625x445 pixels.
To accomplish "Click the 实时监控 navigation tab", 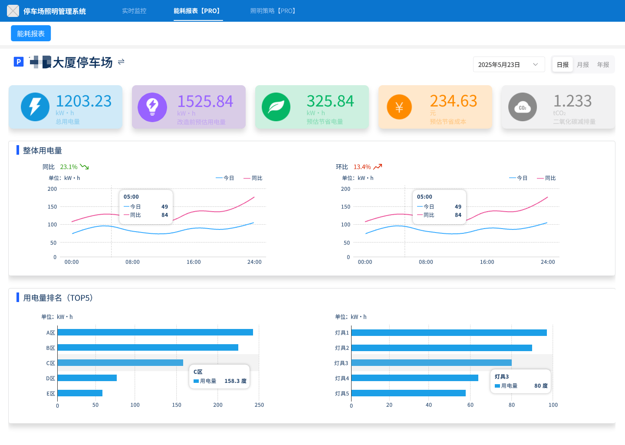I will coord(134,11).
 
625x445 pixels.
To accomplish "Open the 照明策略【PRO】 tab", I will coord(274,11).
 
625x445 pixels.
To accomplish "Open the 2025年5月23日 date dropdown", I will coord(509,65).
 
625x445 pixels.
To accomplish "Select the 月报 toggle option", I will coord(583,65).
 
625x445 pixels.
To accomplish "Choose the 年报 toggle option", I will coord(603,65).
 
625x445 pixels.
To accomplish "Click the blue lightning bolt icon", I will coord(35,107).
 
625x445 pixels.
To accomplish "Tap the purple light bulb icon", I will coord(152,107).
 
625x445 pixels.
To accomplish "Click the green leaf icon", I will coord(276,107).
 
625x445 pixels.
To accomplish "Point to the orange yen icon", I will coord(399,107).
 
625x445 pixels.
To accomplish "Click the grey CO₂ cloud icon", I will coord(523,107).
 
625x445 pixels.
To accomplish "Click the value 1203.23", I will coord(84,101).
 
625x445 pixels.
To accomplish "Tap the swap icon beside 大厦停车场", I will coord(121,62).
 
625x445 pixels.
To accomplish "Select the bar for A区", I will coord(155,332).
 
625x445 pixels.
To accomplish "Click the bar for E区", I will coord(80,393).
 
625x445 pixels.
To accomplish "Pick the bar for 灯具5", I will coord(408,393).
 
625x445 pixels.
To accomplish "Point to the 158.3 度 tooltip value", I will coord(235,381).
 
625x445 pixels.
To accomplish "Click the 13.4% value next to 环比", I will coord(362,167).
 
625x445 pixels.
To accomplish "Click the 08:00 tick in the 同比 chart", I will coord(132,262).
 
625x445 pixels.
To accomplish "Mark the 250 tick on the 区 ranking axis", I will coord(259,405).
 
